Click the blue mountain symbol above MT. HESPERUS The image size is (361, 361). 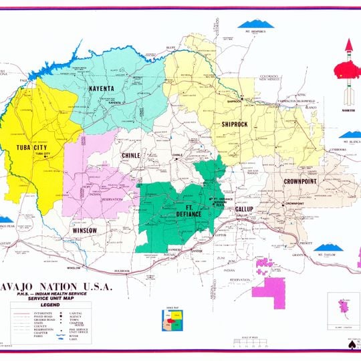(x=256, y=24)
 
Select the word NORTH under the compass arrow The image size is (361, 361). (x=348, y=110)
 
